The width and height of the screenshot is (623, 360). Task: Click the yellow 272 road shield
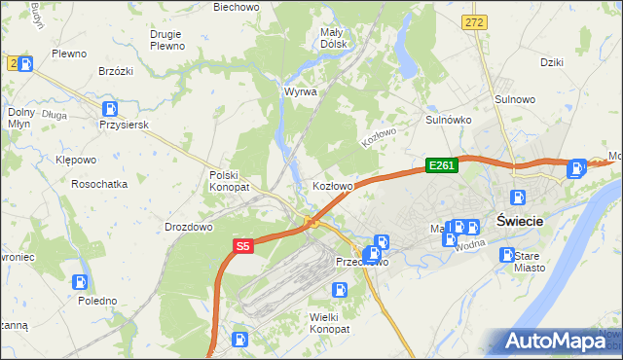(x=475, y=21)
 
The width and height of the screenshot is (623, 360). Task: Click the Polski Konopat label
(x=230, y=181)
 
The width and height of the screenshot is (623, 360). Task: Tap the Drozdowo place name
(x=189, y=227)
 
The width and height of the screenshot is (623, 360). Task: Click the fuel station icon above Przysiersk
(x=113, y=109)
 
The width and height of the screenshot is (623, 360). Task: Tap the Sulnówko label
(x=449, y=120)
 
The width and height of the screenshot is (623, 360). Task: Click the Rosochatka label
(x=99, y=183)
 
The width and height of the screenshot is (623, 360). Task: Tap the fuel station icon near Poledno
(x=80, y=282)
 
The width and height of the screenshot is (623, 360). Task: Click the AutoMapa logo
(x=555, y=342)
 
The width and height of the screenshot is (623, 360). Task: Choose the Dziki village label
(x=552, y=61)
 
